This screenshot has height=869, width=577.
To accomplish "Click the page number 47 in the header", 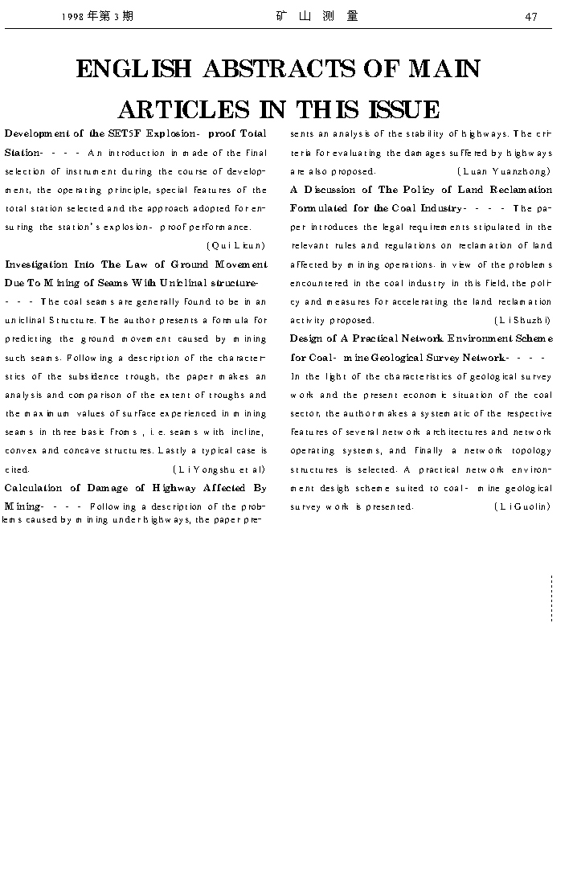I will [531, 17].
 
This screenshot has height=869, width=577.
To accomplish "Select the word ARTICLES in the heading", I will [183, 110].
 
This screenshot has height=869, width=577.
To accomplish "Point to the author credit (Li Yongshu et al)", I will [219, 469].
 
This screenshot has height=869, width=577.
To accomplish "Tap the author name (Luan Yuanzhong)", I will [504, 171].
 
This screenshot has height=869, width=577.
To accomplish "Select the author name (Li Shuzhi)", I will [522, 320].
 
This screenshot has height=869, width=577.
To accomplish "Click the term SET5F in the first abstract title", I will [125, 133].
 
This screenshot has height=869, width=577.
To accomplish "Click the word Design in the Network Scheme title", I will [307, 338].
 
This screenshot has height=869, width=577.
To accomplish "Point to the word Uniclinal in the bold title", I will [186, 283].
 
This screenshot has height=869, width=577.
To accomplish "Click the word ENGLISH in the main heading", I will [133, 70].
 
